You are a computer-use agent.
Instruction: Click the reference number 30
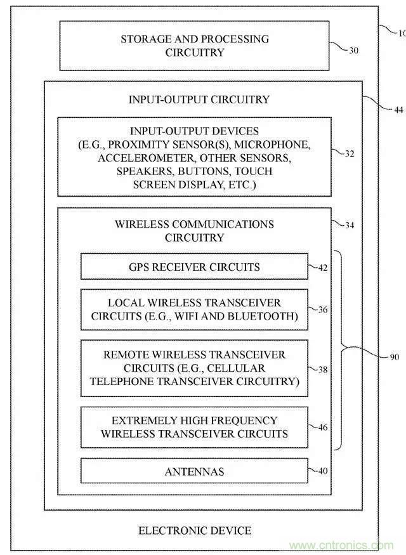(x=353, y=50)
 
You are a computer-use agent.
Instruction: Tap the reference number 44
(x=398, y=110)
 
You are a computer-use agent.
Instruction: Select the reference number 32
(x=350, y=153)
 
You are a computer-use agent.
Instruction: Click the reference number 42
(x=322, y=267)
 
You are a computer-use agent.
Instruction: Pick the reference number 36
(x=322, y=310)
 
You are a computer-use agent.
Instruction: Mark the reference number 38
(x=322, y=368)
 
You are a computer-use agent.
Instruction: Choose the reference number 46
(x=322, y=428)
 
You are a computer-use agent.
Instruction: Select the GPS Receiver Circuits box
(x=194, y=267)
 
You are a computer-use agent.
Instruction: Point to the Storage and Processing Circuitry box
(x=195, y=46)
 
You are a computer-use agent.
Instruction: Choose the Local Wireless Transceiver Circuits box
(x=194, y=310)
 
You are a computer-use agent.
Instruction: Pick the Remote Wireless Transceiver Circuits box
(x=194, y=368)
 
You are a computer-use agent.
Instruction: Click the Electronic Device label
(x=195, y=530)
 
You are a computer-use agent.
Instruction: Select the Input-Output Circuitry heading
(x=199, y=100)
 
